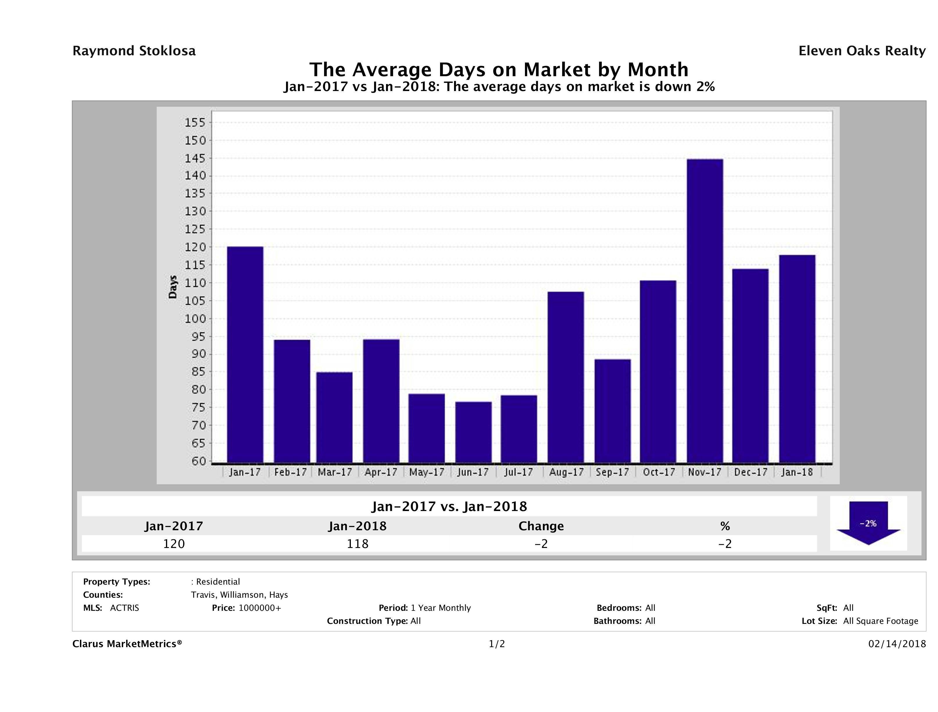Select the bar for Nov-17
coord(705,311)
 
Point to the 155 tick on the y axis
coord(195,123)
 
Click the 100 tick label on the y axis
coord(195,319)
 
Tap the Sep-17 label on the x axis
coord(612,472)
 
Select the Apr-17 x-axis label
coord(381,472)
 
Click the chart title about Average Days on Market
coord(499,70)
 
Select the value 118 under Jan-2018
coord(358,544)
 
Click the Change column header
coord(541,526)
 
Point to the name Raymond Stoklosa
coord(134,51)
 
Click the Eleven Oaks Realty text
coord(862,51)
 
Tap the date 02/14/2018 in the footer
coord(897,644)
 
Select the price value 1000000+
coord(260,608)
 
